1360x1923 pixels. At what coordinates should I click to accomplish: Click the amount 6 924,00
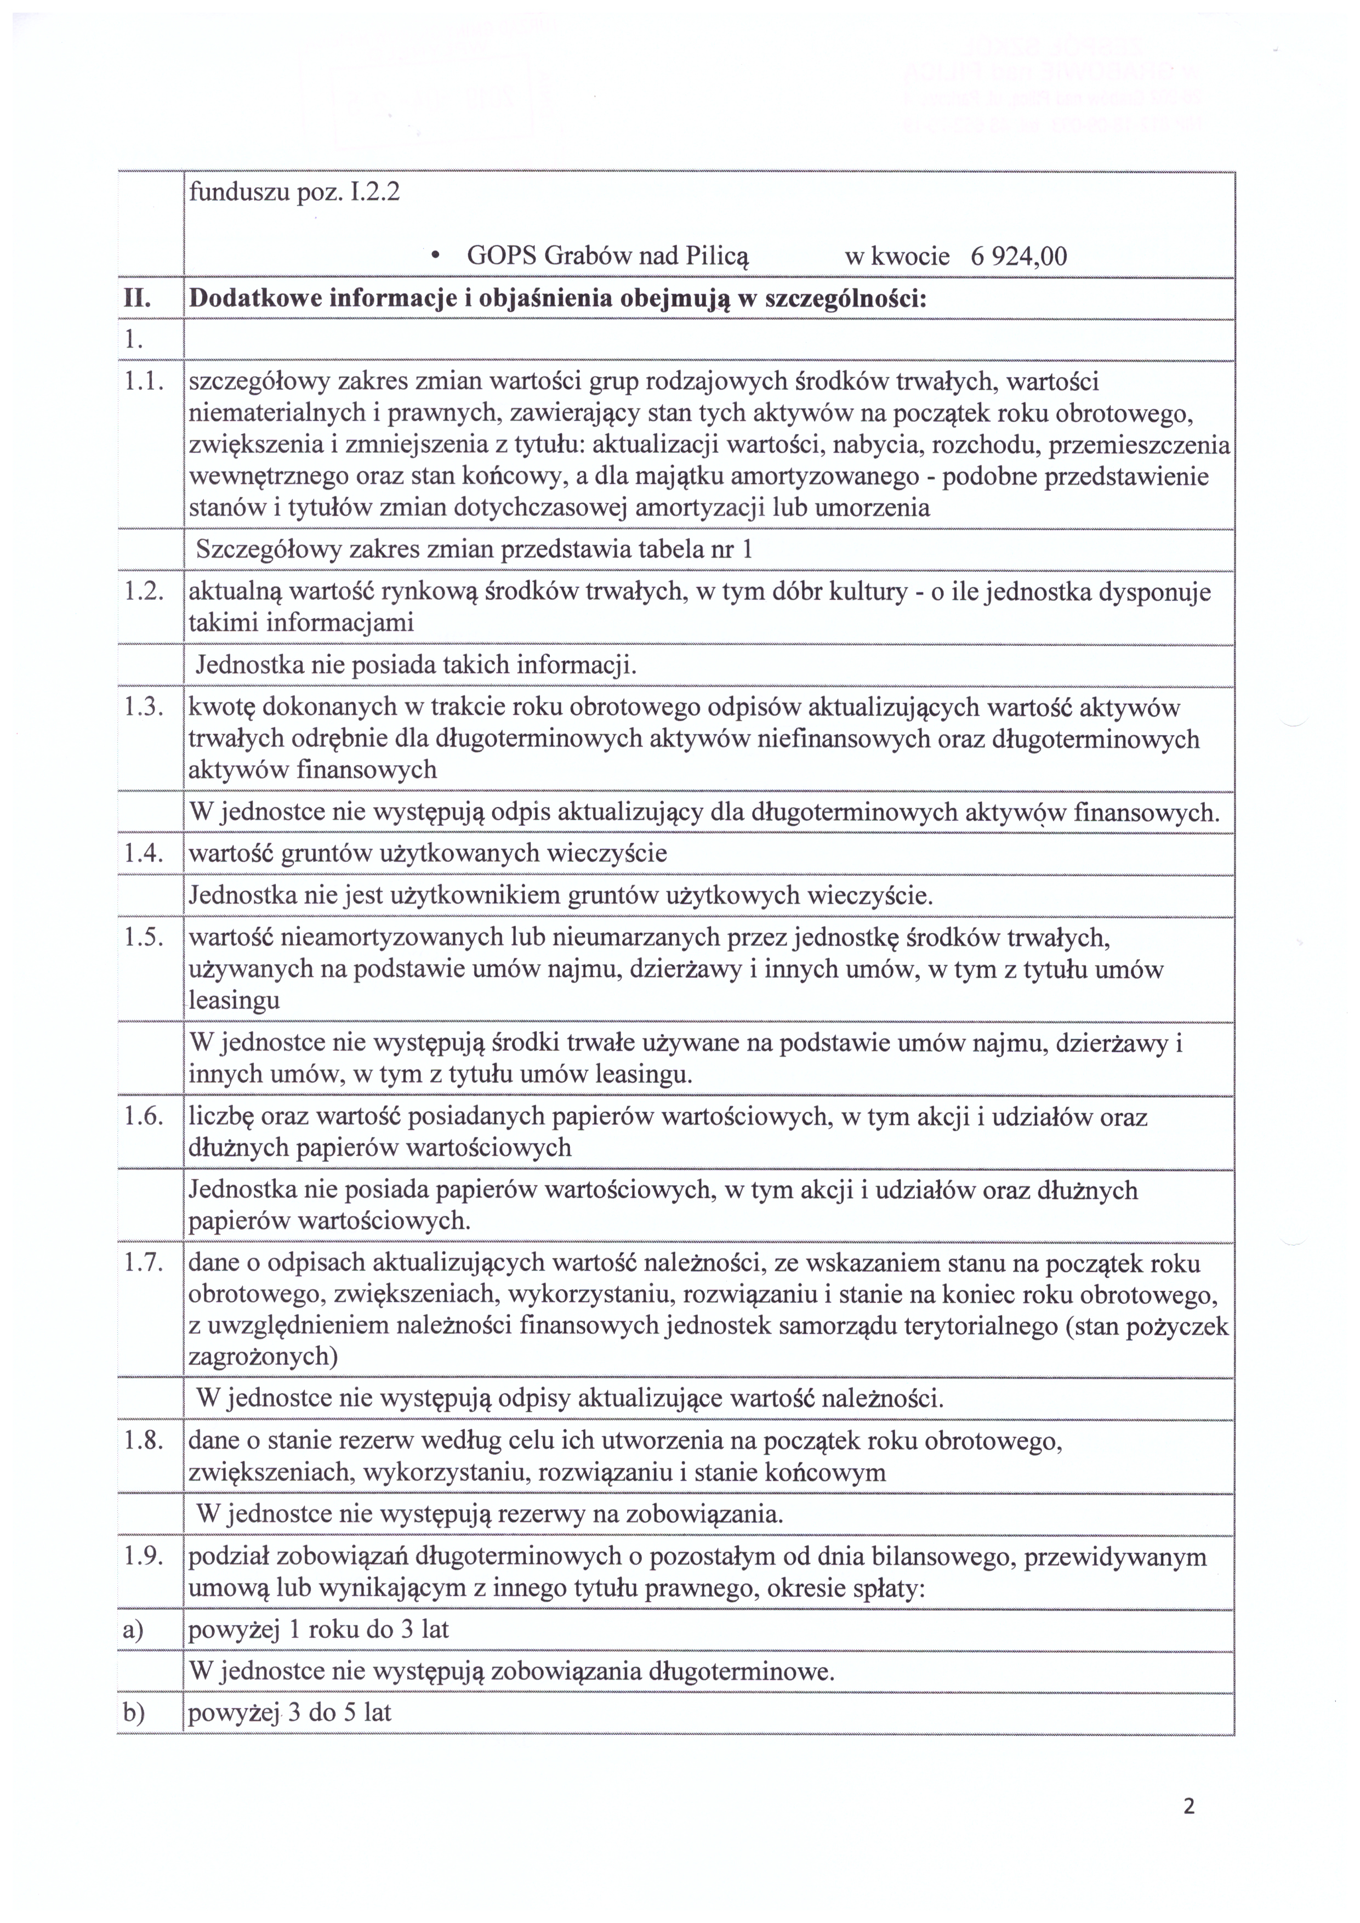click(x=1018, y=256)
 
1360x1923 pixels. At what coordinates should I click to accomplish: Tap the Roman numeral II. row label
click(x=136, y=299)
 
